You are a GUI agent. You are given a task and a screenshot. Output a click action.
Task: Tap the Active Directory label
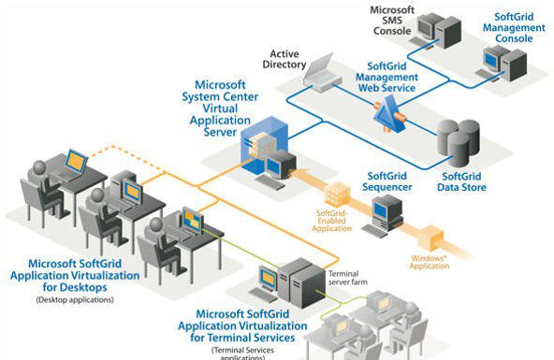point(290,59)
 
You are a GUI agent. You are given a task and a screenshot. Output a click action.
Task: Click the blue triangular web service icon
point(389,117)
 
